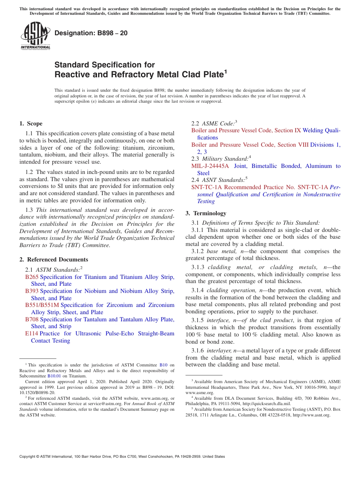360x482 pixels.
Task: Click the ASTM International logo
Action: point(35,36)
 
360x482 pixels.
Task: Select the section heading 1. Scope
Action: point(31,124)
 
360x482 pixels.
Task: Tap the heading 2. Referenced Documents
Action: point(54,260)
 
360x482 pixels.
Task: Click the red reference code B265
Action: point(32,277)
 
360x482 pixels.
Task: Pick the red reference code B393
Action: point(32,291)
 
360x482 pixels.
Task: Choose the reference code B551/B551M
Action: point(42,305)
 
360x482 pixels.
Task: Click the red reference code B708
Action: point(32,319)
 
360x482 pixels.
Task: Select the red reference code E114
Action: point(31,333)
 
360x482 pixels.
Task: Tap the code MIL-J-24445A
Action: point(210,166)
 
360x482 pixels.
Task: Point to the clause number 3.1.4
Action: point(198,290)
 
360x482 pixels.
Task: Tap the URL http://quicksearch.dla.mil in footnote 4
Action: point(266,404)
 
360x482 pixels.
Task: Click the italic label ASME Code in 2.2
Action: point(218,123)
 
